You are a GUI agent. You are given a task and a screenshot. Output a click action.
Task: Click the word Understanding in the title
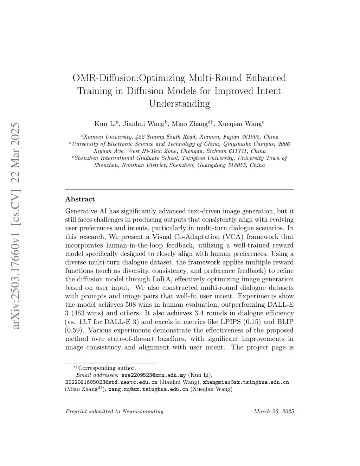tap(179, 104)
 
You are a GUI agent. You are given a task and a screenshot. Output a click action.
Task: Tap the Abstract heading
tap(80, 199)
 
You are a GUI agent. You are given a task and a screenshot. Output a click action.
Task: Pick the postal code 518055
tap(237, 165)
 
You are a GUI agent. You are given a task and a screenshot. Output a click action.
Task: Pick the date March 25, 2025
tap(274, 411)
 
